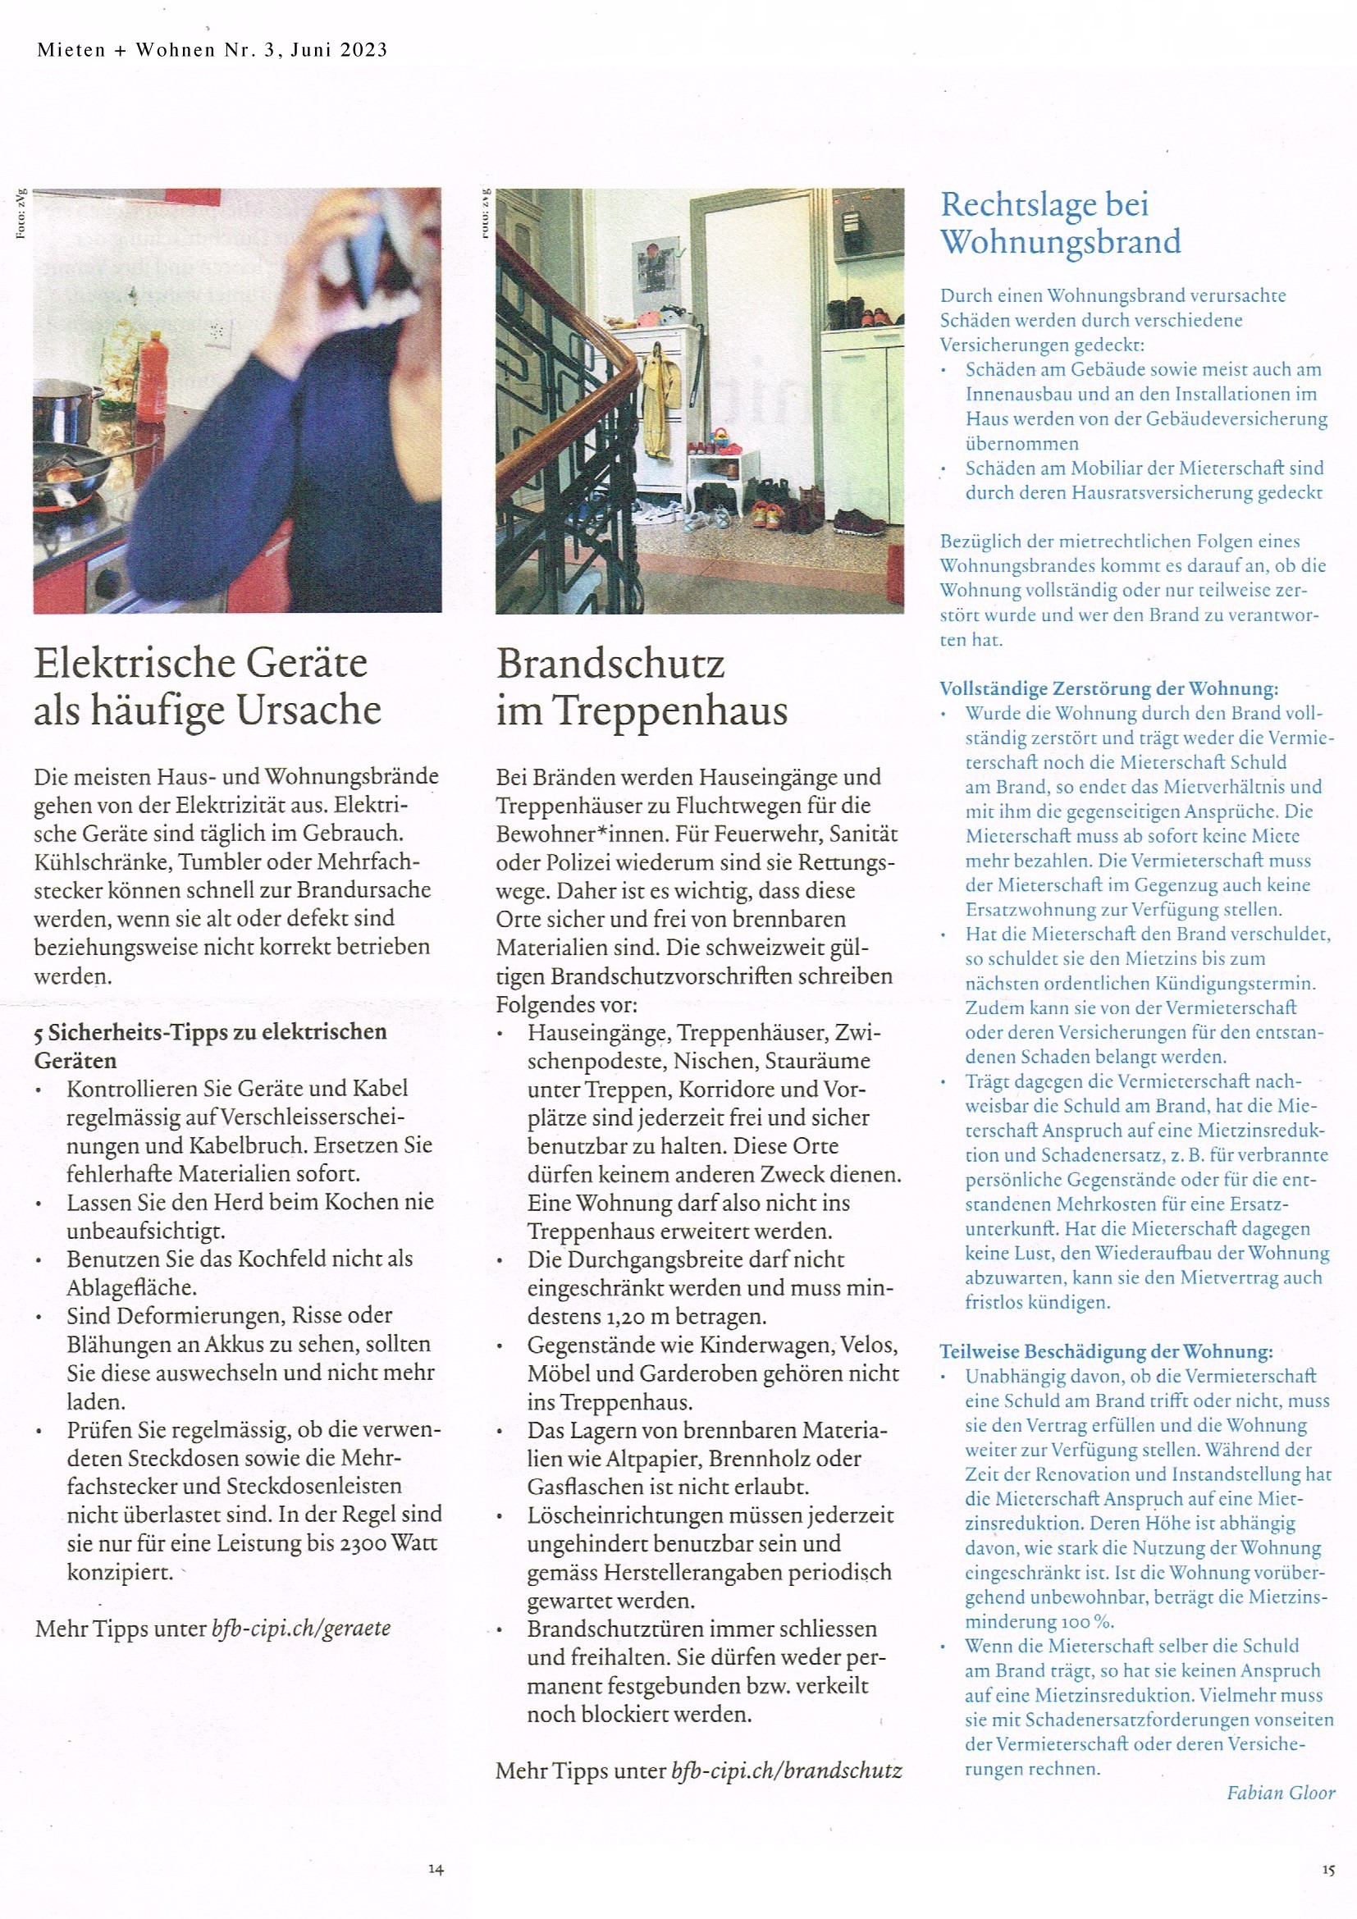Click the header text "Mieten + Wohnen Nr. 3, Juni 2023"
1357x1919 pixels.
[212, 50]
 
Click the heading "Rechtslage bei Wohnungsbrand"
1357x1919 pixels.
[1059, 223]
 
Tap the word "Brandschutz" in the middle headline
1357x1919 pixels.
[611, 665]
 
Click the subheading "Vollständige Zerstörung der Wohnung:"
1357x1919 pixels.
[1109, 688]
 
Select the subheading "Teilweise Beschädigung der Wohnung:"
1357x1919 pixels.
[1105, 1351]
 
